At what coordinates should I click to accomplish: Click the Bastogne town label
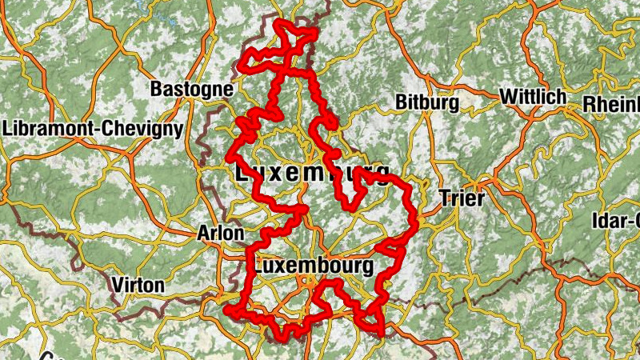click(191, 88)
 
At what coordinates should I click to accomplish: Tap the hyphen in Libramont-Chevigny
click(108, 129)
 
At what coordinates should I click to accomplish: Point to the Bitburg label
click(426, 102)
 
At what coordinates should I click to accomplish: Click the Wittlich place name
click(532, 97)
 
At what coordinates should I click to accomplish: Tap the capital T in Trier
click(446, 198)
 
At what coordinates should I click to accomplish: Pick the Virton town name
click(138, 285)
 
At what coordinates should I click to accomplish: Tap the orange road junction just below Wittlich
click(534, 114)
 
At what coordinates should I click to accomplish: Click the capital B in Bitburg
click(401, 102)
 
